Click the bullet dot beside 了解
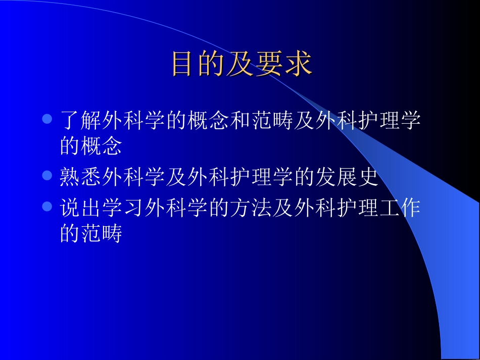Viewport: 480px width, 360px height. click(x=47, y=120)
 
